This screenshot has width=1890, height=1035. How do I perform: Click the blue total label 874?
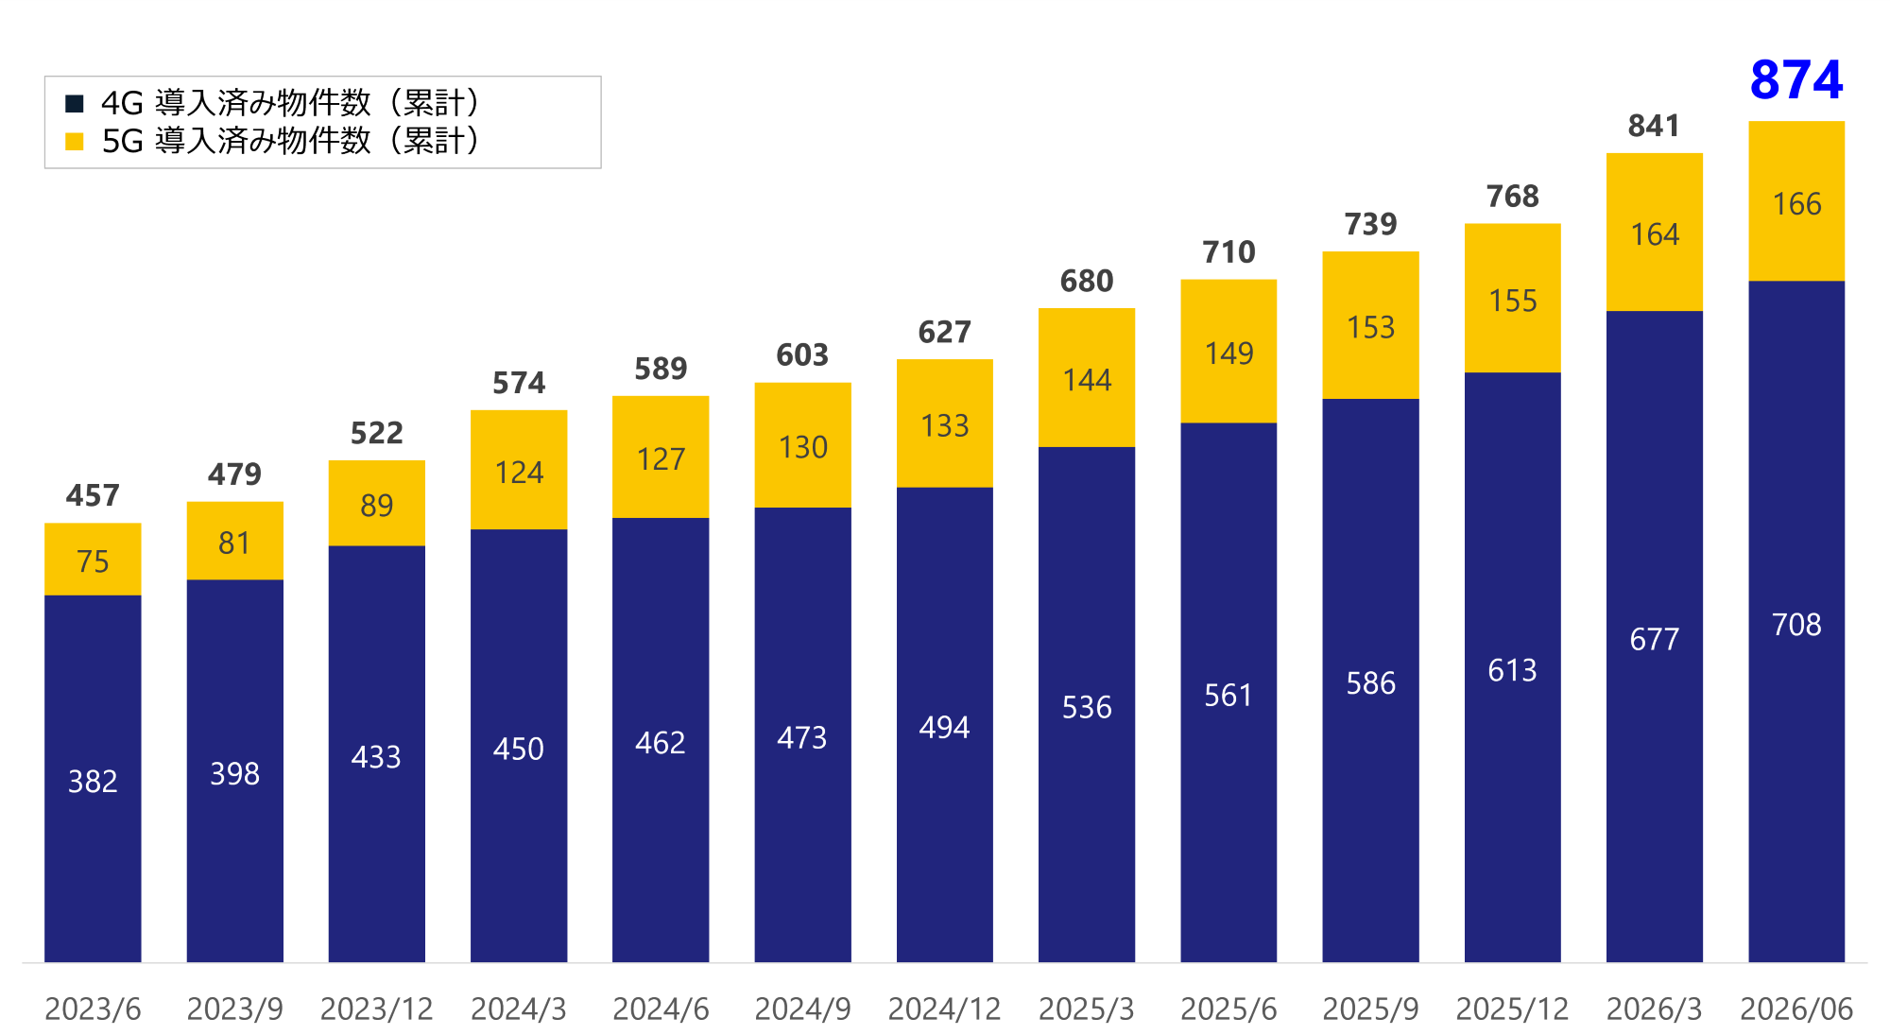click(1795, 79)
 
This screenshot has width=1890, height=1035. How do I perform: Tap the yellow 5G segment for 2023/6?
click(93, 559)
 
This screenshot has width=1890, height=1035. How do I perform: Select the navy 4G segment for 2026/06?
click(1796, 621)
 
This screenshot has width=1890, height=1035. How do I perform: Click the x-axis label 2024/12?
click(944, 1009)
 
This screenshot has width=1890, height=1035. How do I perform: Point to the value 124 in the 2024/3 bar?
click(519, 472)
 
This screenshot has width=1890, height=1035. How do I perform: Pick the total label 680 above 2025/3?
click(1087, 281)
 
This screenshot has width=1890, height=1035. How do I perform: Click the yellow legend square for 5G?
click(75, 142)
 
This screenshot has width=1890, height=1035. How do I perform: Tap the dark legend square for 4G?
click(75, 103)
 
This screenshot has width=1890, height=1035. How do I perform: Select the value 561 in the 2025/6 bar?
click(1228, 695)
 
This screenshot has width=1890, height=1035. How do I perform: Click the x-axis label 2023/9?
click(234, 1009)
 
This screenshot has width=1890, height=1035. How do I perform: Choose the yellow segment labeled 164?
click(1655, 232)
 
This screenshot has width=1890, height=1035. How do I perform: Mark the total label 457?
click(93, 495)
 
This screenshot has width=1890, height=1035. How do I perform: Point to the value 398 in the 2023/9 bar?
click(234, 773)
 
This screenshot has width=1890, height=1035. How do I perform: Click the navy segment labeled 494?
click(945, 725)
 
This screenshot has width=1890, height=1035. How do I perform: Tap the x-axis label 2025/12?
click(1512, 1009)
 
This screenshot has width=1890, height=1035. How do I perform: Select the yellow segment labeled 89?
click(377, 503)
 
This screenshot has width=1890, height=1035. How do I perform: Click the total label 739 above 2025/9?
click(1370, 224)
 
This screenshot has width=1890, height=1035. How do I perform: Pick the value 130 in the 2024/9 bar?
click(803, 446)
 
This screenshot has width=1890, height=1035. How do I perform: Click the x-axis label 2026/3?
click(1654, 1009)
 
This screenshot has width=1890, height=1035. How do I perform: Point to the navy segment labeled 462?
click(661, 740)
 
